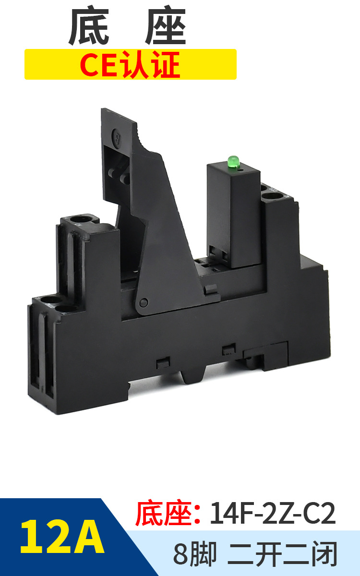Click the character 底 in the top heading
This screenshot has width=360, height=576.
point(89,26)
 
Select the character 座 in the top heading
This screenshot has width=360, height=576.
point(166,26)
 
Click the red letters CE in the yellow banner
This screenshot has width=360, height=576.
point(99,64)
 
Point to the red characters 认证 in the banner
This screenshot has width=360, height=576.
point(151,64)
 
